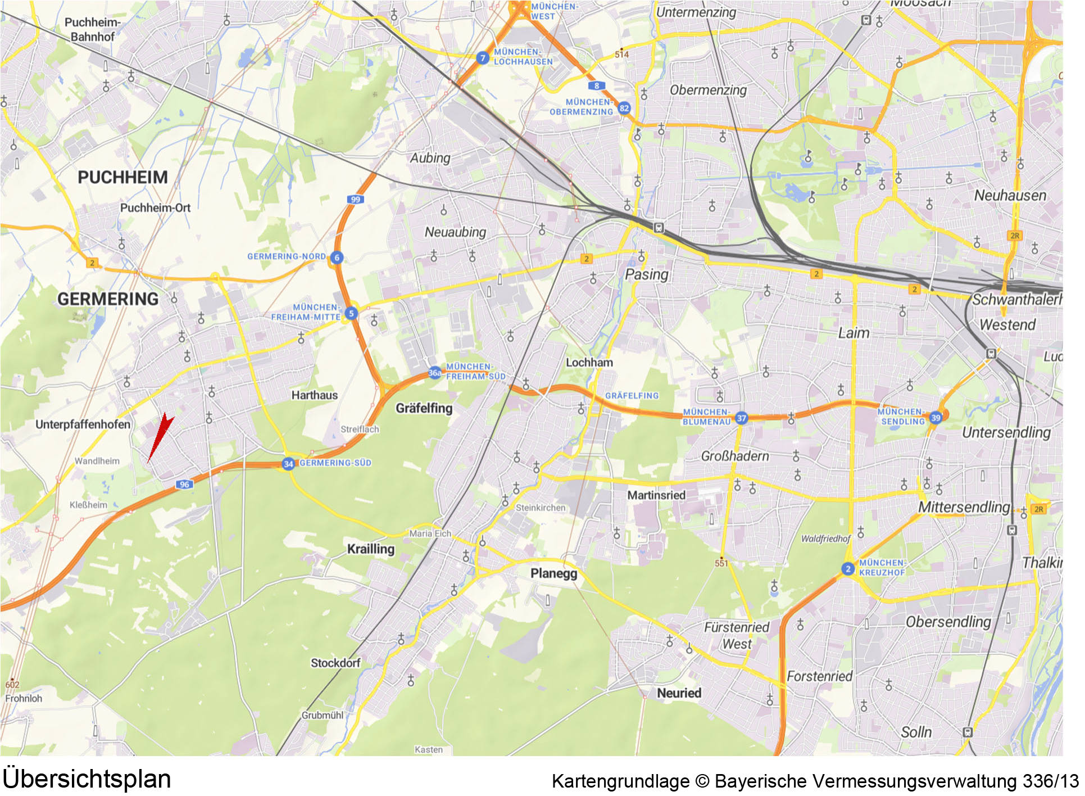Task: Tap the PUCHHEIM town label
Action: [x=122, y=178]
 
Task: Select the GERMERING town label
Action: [x=108, y=299]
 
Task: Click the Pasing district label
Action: [x=647, y=275]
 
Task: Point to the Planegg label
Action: [x=553, y=573]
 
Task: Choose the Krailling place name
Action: [x=370, y=549]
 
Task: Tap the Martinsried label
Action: [x=656, y=495]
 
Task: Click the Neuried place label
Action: [x=679, y=693]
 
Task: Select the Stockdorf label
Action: [x=335, y=663]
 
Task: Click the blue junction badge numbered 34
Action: [x=288, y=464]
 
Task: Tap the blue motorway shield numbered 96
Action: [x=184, y=485]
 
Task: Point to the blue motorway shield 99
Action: [x=355, y=200]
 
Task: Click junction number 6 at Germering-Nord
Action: [x=337, y=257]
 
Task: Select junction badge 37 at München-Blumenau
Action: [x=742, y=418]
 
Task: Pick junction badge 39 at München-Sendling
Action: [x=936, y=417]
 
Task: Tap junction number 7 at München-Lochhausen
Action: [x=482, y=58]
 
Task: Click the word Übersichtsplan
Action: [x=87, y=779]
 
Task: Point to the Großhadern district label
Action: [x=734, y=456]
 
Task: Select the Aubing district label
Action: [x=430, y=158]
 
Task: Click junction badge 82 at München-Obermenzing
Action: [x=624, y=108]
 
